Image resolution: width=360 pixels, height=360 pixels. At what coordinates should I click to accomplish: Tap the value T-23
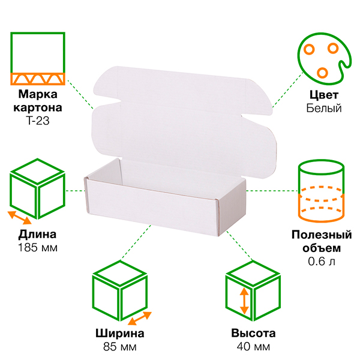click(38, 120)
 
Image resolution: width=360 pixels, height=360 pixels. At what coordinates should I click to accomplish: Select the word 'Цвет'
click(323, 95)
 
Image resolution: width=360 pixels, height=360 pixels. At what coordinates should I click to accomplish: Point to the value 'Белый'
click(323, 108)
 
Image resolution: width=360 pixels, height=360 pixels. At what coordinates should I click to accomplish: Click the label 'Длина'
click(38, 234)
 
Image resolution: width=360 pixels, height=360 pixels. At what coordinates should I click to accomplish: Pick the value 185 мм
click(38, 247)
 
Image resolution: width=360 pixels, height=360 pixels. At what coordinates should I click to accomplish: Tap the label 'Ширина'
click(119, 334)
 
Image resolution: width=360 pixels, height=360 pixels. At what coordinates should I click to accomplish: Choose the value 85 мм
click(119, 347)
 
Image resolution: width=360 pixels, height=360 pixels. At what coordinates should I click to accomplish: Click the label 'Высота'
click(253, 334)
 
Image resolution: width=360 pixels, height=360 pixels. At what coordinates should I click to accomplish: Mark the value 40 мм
click(253, 347)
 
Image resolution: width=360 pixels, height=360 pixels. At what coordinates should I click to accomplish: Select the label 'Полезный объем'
click(321, 241)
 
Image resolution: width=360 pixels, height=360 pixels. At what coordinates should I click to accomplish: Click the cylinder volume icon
click(322, 189)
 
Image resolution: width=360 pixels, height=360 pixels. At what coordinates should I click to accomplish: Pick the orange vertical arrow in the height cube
click(244, 300)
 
